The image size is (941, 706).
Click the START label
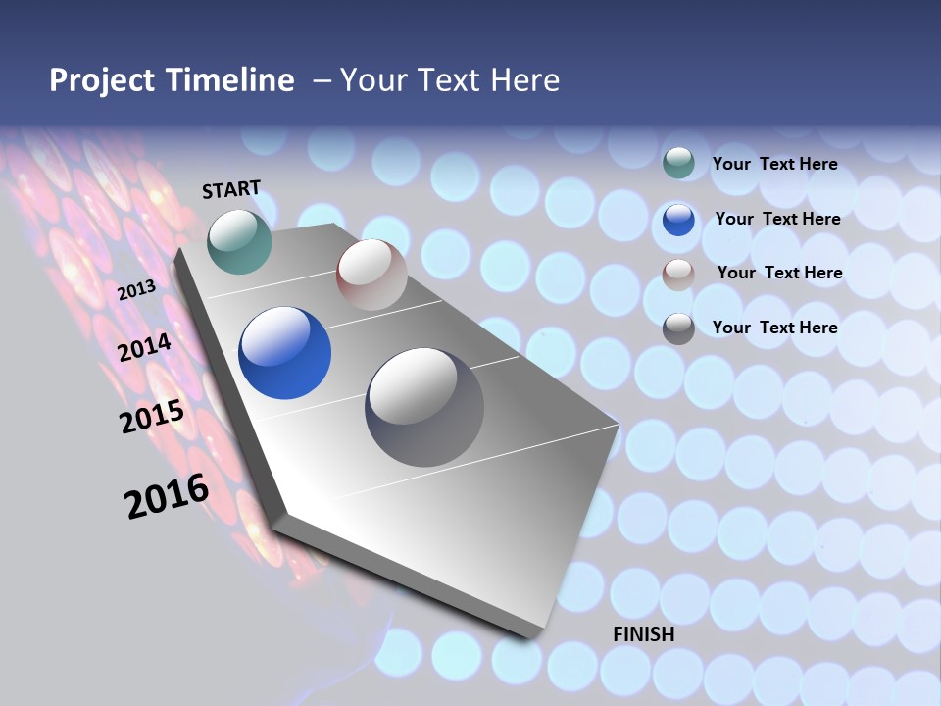[231, 189]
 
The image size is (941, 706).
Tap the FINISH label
[643, 634]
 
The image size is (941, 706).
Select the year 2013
[136, 290]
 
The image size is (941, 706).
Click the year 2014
[144, 347]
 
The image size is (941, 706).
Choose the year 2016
[167, 495]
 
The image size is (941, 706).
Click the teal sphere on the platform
[239, 241]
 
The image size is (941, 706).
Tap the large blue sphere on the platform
[284, 353]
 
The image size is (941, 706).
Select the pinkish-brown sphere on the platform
[371, 275]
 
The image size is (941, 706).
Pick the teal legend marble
[678, 163]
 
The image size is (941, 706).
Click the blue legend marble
[678, 220]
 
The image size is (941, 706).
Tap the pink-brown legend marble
[678, 275]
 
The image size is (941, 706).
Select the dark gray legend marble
[678, 328]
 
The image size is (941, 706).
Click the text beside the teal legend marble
[774, 164]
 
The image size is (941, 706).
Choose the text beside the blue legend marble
[777, 219]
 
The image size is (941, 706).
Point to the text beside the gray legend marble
[774, 328]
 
